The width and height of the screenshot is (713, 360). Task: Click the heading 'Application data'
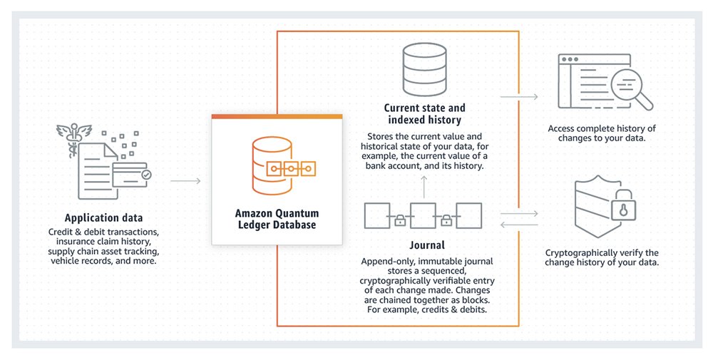103,218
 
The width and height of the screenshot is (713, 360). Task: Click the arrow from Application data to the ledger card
185,181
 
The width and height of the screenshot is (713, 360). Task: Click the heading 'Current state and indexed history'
423,114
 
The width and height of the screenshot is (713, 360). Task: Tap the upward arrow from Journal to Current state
423,187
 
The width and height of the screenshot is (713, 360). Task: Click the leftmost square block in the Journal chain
376,215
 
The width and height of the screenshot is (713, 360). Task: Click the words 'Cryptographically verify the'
602,253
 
